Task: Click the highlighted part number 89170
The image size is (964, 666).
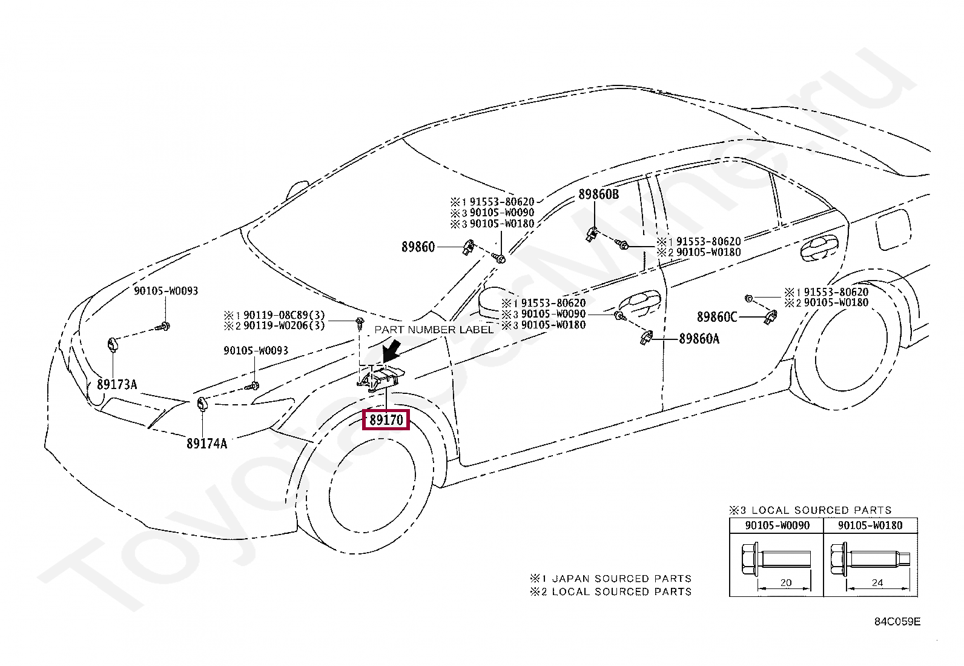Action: [386, 419]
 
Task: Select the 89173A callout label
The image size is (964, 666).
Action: [117, 384]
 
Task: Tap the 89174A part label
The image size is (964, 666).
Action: [206, 444]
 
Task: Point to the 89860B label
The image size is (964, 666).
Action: [598, 195]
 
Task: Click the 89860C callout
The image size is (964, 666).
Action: [717, 317]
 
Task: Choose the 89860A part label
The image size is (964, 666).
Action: [699, 339]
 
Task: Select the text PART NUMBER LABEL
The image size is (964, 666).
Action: [434, 330]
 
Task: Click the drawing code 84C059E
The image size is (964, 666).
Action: [897, 622]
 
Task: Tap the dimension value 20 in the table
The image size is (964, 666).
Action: [785, 583]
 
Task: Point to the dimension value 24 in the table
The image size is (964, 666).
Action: [877, 583]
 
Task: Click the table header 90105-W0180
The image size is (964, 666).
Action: [870, 525]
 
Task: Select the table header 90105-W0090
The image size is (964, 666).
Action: [777, 525]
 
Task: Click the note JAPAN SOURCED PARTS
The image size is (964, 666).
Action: [621, 579]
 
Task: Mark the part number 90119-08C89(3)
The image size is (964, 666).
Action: [284, 315]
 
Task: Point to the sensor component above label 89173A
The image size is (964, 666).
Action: [112, 344]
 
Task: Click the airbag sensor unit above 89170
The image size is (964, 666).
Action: [381, 379]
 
